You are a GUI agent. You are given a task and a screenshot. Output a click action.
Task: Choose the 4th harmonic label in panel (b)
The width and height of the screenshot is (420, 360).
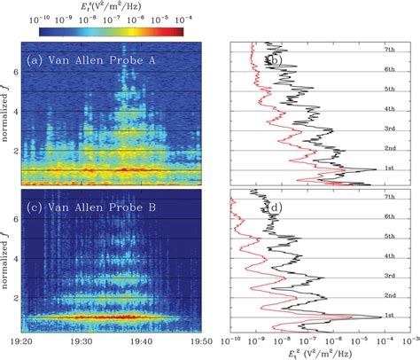387,109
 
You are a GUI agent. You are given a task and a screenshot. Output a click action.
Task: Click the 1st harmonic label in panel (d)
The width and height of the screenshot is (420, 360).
387,316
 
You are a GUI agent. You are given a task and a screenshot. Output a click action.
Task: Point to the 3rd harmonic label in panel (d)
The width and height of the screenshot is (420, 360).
387,276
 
